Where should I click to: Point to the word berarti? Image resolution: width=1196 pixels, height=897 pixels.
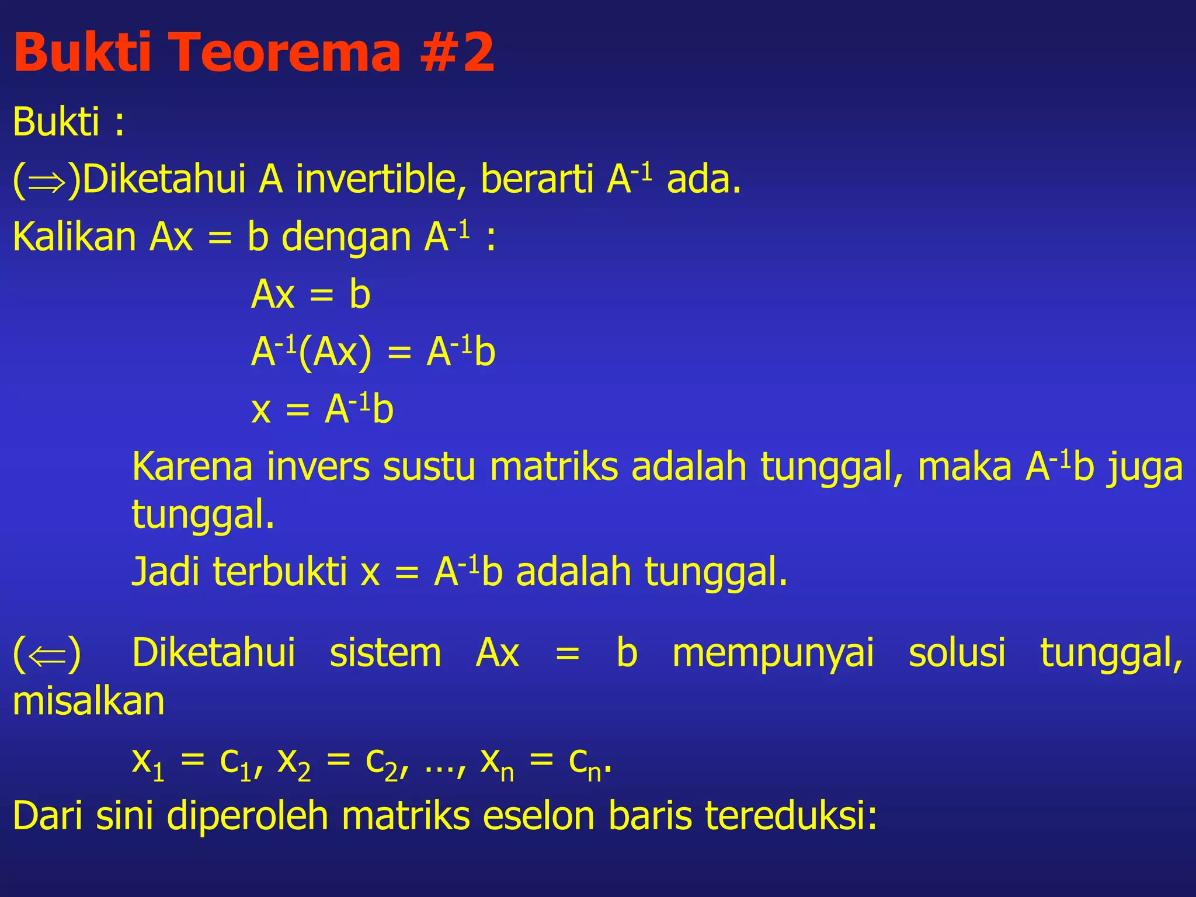537,179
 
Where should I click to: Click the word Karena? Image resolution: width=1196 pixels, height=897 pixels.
192,467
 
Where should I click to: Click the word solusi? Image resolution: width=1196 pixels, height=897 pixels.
957,653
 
